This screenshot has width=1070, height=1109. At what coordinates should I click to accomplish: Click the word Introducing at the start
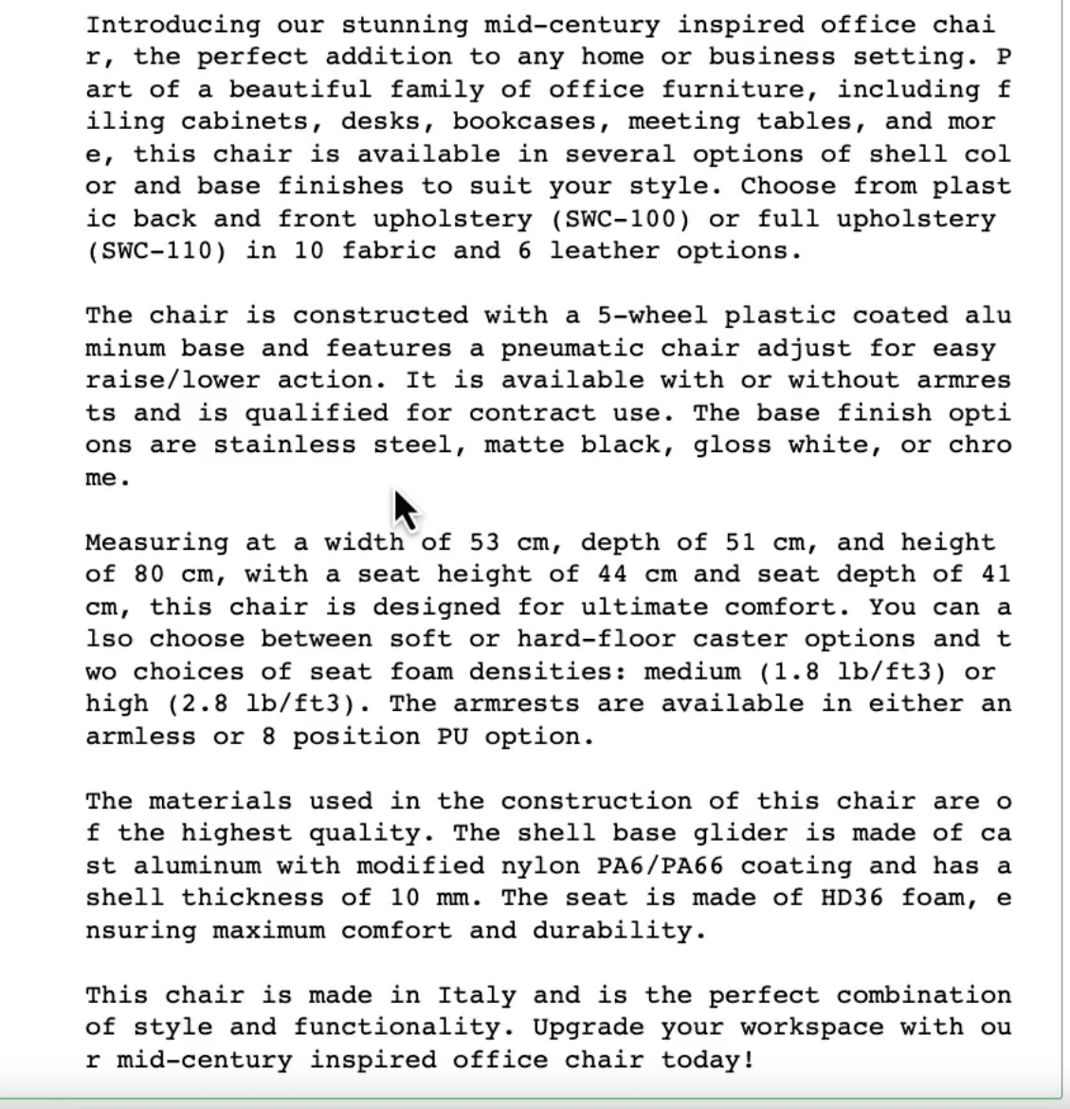pos(172,25)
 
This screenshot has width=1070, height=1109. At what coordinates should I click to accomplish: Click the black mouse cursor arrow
pos(406,510)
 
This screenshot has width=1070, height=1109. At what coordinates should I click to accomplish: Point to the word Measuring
pos(156,542)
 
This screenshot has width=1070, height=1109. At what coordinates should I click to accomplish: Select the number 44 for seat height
pos(612,574)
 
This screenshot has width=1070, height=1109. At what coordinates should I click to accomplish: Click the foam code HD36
pos(852,899)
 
